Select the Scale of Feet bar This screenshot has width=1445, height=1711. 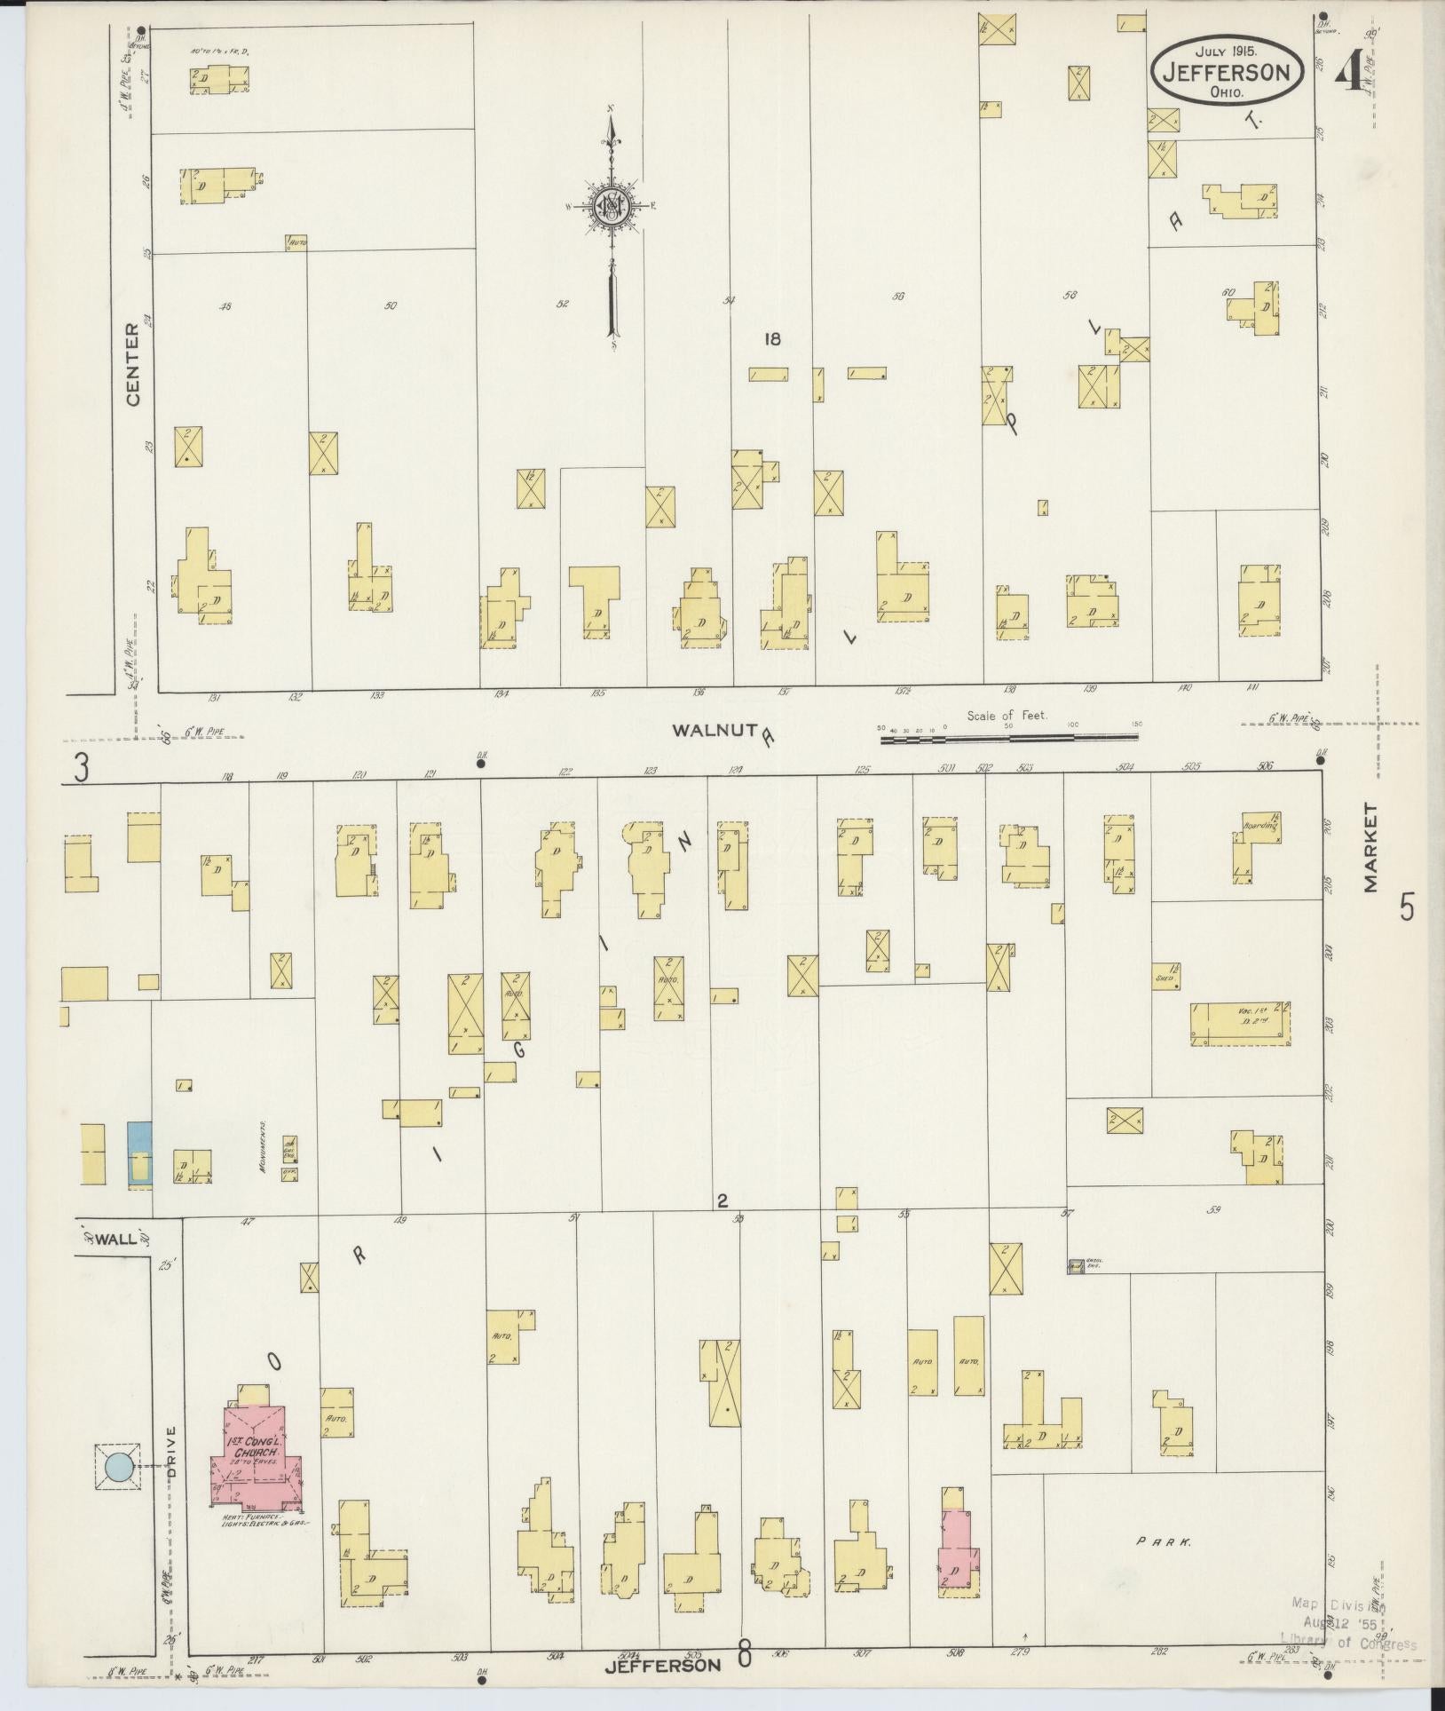pyautogui.click(x=1009, y=737)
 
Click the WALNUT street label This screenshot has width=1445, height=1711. pyautogui.click(x=713, y=730)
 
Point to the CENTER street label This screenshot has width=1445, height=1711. pyautogui.click(x=133, y=365)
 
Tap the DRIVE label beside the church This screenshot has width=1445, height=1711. pyautogui.click(x=171, y=1453)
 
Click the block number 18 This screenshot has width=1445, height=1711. pyautogui.click(x=772, y=338)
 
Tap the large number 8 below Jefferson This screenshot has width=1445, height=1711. pyautogui.click(x=744, y=1656)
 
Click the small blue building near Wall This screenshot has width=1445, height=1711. pyautogui.click(x=139, y=1153)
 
